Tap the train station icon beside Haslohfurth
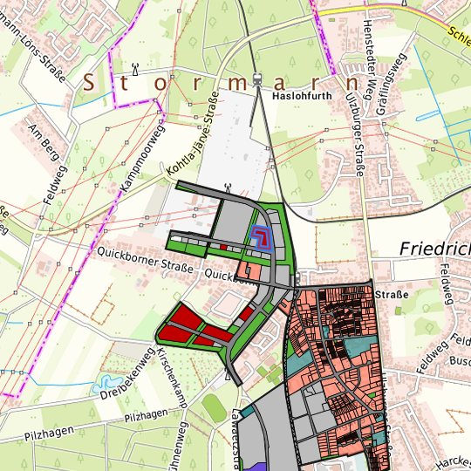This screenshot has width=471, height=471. (x=258, y=80)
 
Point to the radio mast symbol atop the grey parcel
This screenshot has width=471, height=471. (x=228, y=186)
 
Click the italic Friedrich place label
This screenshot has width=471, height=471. (x=434, y=249)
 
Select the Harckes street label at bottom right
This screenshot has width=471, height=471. (x=453, y=459)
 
